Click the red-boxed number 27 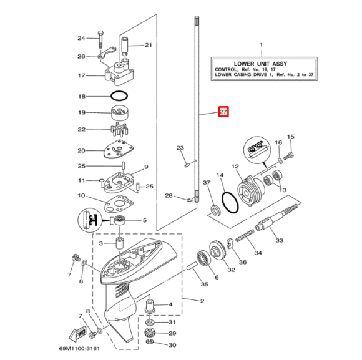pos(223,112)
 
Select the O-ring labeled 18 pos(119,97)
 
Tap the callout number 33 pos(279,240)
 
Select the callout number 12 pos(235,167)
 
